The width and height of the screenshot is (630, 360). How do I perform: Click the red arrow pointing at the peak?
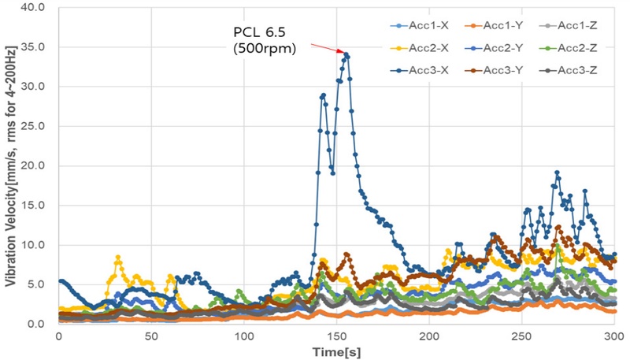325,49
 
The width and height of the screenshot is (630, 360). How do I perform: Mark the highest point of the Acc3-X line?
346,54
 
